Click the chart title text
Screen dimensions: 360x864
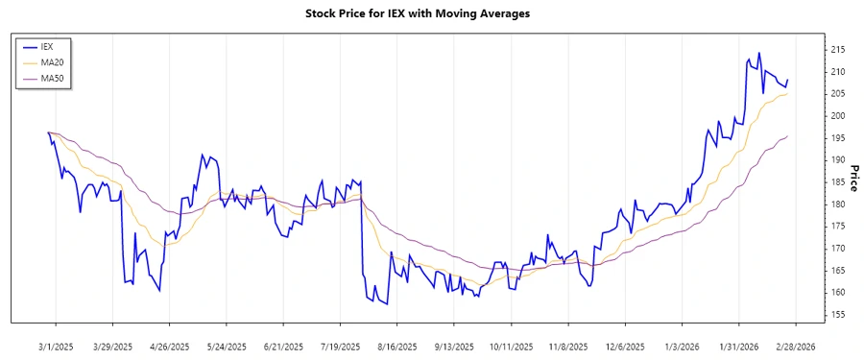coord(431,14)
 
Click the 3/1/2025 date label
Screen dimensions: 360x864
coord(55,346)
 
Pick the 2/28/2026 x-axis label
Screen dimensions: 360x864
coord(795,346)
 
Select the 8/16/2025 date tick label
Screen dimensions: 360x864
coord(396,346)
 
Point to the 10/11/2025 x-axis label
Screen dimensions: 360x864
coord(511,346)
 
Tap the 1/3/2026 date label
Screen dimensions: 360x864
coord(682,346)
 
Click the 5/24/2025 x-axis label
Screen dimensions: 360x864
coord(226,346)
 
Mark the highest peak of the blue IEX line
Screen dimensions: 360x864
coord(759,53)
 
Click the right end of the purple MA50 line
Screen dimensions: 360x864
coord(788,136)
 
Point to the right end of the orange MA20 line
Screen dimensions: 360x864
coord(788,93)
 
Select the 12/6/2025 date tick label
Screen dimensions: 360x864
coord(625,346)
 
